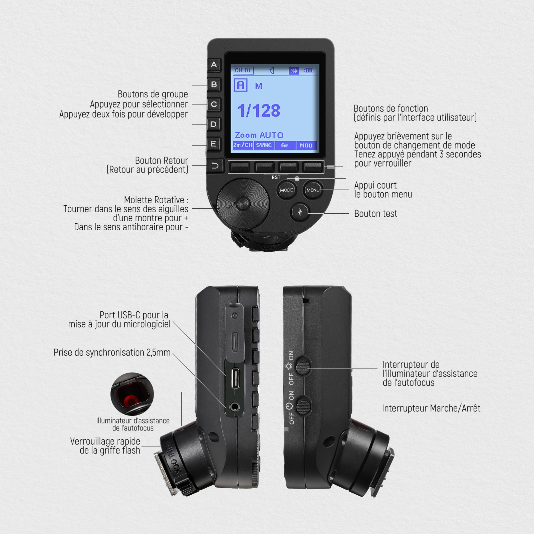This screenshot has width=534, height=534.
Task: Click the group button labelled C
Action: (214, 104)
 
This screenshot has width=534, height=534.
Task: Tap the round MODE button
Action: (287, 190)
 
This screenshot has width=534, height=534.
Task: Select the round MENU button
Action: (313, 190)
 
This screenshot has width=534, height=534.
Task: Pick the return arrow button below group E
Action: (214, 166)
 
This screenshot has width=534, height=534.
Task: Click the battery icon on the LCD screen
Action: (308, 71)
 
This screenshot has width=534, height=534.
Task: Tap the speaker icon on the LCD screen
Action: (271, 71)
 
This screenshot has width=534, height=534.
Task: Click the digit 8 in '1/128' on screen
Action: (275, 111)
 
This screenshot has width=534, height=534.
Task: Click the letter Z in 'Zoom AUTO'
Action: (238, 135)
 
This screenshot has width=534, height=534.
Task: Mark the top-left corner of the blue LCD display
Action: (232, 64)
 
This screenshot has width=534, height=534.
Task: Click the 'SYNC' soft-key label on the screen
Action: (264, 145)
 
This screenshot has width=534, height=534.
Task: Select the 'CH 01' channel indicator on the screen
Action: (243, 70)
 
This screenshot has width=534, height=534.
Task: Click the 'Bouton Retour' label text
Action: (162, 161)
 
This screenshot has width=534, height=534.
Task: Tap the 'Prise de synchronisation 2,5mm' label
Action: (112, 352)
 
